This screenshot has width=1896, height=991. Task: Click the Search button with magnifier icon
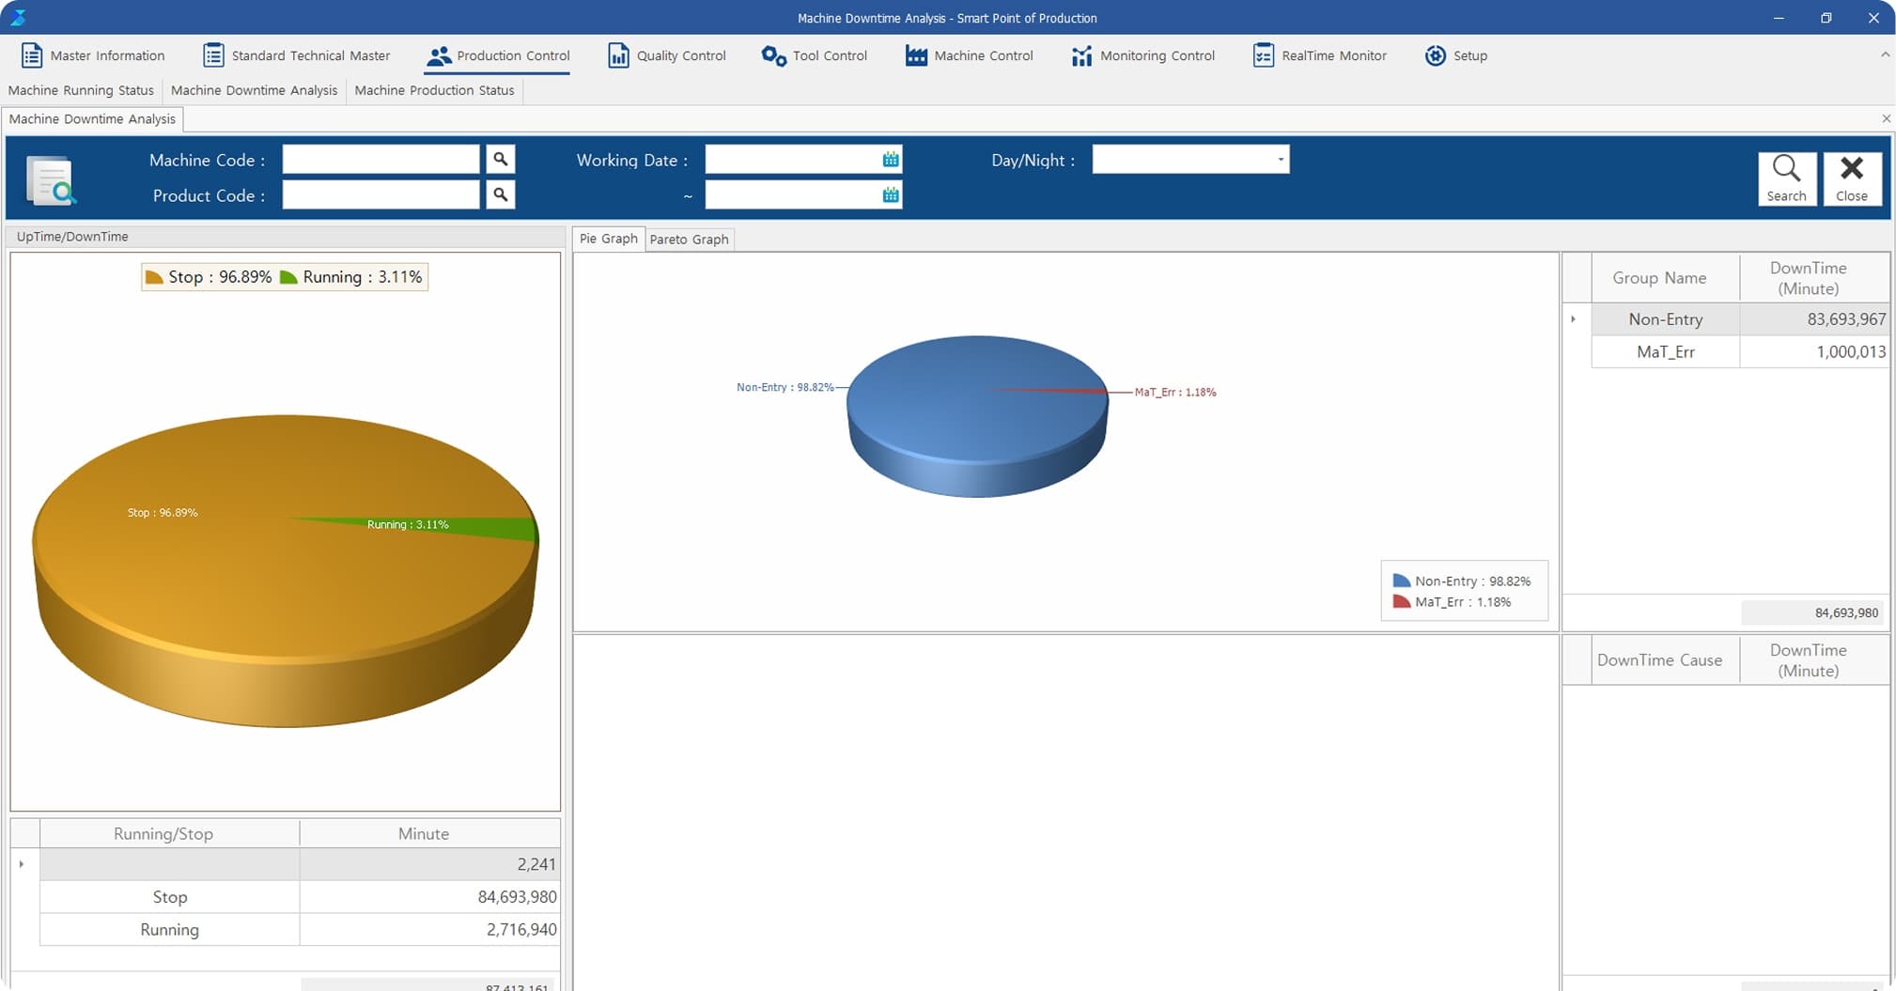tap(1786, 178)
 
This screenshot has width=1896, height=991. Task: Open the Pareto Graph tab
tap(689, 240)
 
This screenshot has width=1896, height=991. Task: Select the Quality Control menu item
tap(667, 55)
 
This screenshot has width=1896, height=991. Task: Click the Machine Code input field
tap(381, 160)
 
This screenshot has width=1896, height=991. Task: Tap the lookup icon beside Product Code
tap(501, 194)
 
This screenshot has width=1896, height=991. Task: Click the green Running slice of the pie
tap(489, 527)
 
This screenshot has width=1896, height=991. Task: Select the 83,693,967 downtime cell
tap(1813, 319)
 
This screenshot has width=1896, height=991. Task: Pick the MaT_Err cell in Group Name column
tap(1665, 352)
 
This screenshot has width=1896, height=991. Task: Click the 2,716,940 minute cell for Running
tap(428, 930)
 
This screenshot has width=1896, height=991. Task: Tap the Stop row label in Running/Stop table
tap(170, 897)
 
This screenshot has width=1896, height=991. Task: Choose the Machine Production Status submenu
tap(434, 90)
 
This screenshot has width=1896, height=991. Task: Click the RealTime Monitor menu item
tap(1320, 55)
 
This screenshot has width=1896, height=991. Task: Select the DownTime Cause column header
tap(1659, 660)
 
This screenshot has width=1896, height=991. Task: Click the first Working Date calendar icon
tap(891, 160)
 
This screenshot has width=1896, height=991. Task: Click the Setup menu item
tap(1456, 55)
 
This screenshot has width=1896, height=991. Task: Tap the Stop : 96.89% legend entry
tap(210, 277)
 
